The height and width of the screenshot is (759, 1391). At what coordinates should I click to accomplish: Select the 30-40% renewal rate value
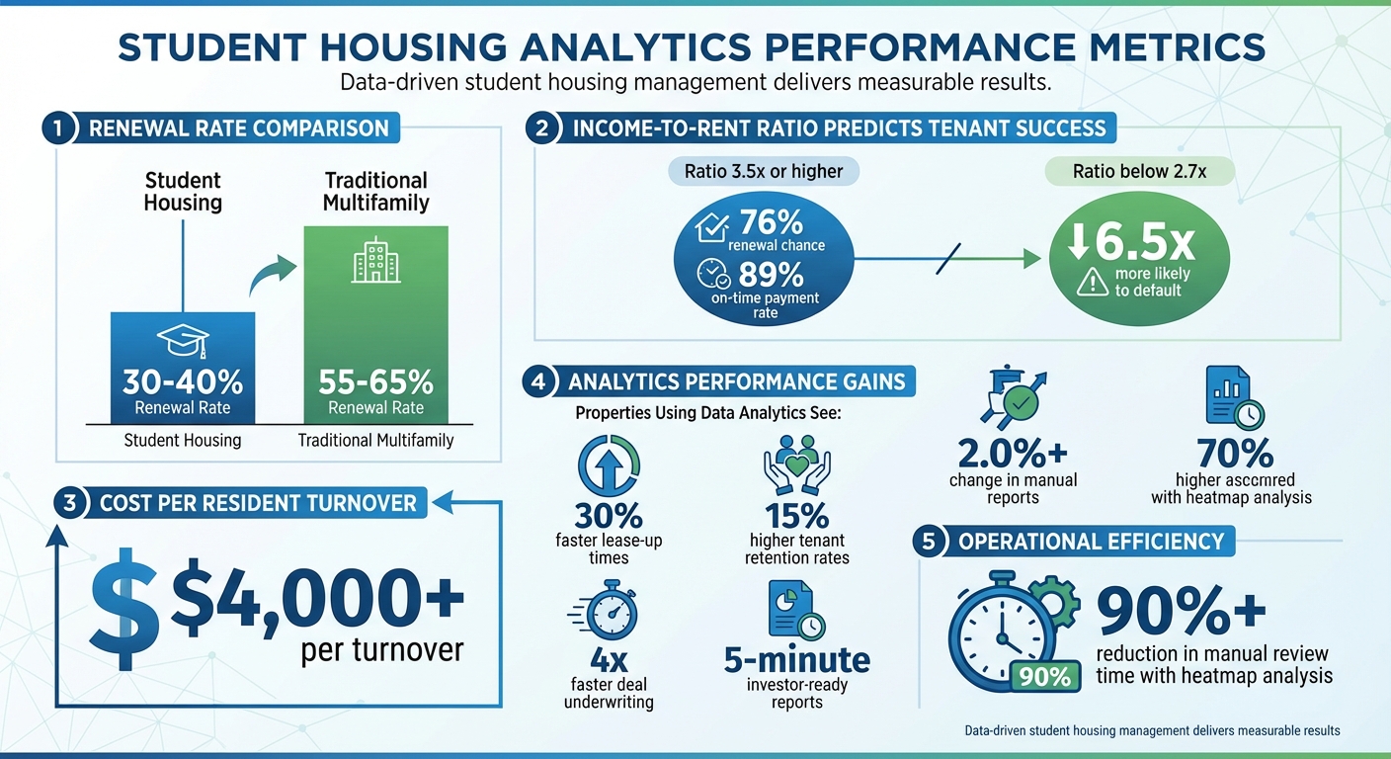(x=183, y=382)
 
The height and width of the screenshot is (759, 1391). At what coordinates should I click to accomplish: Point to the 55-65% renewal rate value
(x=375, y=382)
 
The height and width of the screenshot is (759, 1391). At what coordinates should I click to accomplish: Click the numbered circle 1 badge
(x=59, y=128)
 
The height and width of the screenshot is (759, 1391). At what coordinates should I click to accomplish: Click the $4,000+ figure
(x=316, y=599)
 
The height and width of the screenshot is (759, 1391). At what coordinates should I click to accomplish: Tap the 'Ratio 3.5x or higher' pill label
(x=764, y=171)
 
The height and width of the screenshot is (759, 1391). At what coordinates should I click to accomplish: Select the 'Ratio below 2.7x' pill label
(x=1139, y=171)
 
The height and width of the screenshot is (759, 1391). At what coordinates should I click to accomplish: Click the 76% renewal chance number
(x=777, y=222)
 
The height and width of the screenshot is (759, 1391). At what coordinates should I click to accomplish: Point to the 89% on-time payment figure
(x=777, y=274)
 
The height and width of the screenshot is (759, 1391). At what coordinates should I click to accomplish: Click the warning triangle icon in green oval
(x=1092, y=283)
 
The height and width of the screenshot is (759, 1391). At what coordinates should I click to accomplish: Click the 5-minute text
(x=797, y=659)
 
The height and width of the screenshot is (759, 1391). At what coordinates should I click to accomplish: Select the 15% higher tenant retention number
(x=796, y=515)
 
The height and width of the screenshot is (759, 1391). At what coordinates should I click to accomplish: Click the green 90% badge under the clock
(x=1045, y=677)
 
